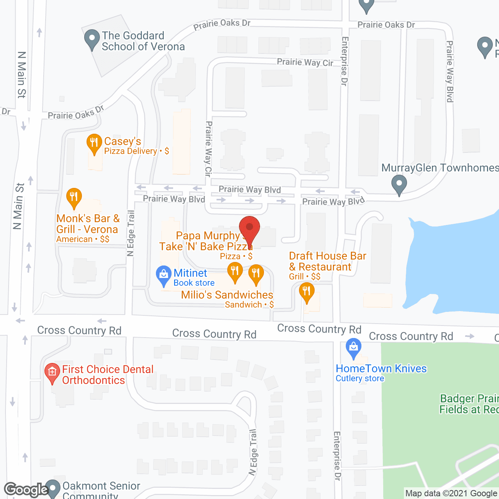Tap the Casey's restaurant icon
pos(94,143)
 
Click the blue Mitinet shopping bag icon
pos(164,275)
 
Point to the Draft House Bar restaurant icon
pos(307,292)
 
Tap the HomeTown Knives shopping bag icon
pos(354,347)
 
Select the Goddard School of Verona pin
pos(92,39)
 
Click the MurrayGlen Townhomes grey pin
pos(399,184)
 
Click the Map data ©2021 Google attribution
pos(451,494)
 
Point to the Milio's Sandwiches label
pos(227,295)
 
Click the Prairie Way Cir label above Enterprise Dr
pos(305,62)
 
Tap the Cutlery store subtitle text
pos(360,379)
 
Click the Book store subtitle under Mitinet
pos(194,283)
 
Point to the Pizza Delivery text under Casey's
pos(131,151)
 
